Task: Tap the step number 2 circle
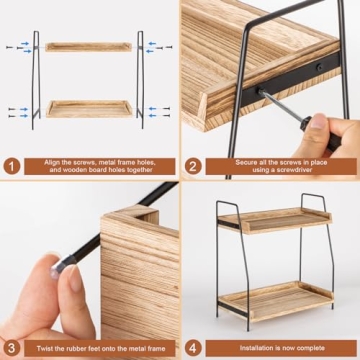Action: pyautogui.click(x=195, y=165)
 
